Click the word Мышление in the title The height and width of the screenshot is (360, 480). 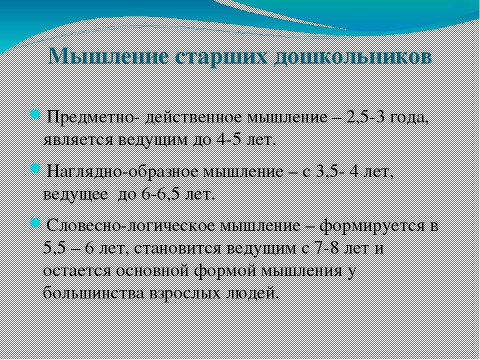[108, 56]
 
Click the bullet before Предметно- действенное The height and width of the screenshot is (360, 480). [35, 115]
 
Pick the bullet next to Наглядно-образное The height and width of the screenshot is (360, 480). [35, 168]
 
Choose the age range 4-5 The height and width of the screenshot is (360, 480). [230, 139]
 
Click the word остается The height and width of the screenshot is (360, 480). [77, 271]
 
